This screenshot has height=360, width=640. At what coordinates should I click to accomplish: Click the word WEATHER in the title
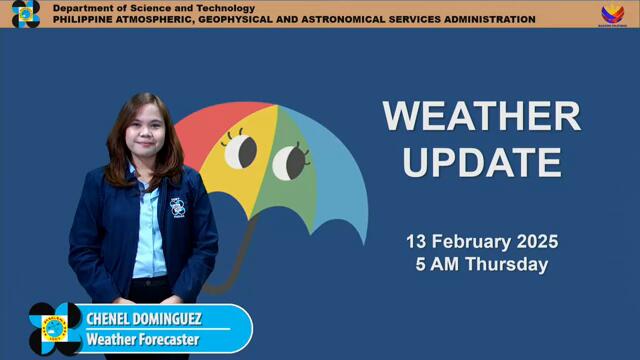coord(481,117)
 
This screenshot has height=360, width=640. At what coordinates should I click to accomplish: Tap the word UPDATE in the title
coord(481,161)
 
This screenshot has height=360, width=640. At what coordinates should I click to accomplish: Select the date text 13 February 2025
coord(481,241)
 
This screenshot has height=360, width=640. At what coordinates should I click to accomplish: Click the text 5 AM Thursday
coord(481,265)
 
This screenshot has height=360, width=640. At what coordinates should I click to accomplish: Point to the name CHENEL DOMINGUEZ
coord(143,319)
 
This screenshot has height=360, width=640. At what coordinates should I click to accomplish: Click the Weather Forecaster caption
coord(142,340)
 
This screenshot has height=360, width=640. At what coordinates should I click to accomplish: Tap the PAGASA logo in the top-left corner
coord(25,13)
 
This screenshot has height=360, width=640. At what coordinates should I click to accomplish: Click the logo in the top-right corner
coord(612,13)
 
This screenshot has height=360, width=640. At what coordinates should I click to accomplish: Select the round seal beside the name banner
coord(55,328)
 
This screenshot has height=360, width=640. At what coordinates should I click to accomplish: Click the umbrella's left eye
coord(240,152)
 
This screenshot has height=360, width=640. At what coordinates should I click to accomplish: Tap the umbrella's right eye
coord(290,160)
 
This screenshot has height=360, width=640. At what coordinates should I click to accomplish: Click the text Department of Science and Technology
coord(140,8)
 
